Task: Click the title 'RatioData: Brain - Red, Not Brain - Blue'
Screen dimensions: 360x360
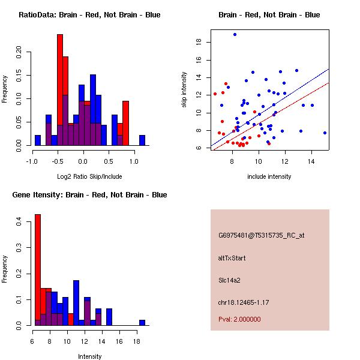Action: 89,15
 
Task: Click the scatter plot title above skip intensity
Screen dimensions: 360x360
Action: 269,15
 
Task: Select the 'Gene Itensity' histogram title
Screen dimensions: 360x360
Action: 89,195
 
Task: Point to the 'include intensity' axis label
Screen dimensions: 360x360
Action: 269,176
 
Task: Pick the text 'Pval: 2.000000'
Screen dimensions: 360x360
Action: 239,320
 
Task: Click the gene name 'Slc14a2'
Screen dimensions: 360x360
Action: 230,280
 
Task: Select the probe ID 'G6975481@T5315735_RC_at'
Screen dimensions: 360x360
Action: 261,236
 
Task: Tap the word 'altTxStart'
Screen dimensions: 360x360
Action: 232,258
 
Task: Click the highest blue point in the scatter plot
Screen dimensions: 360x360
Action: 235,34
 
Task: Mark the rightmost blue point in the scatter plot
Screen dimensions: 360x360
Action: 325,133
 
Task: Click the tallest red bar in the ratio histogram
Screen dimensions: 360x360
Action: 60,90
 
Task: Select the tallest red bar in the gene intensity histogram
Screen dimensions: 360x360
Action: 38,270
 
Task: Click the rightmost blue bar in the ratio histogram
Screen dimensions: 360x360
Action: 142,140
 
